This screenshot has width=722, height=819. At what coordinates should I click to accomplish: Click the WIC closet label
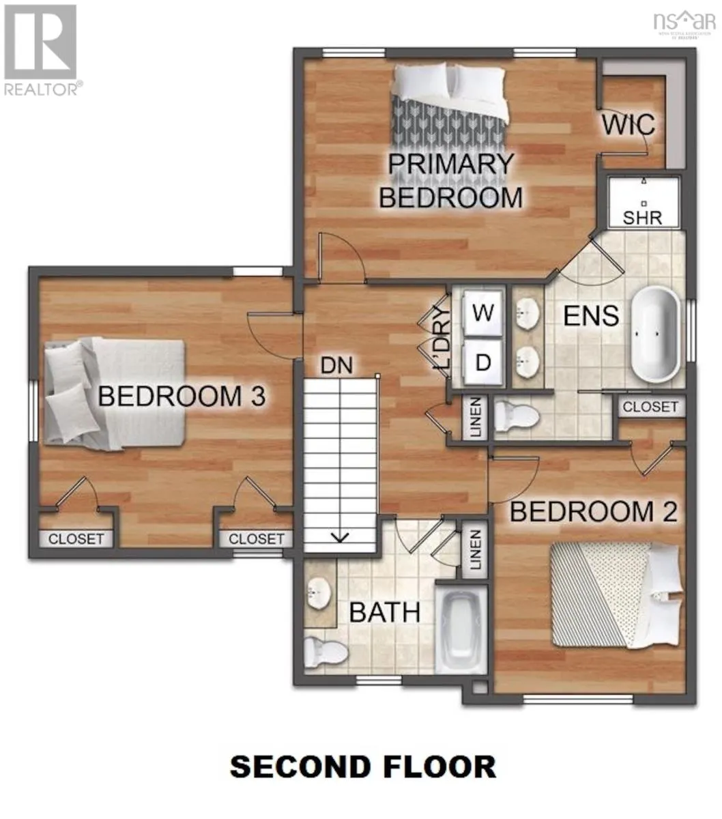point(629,125)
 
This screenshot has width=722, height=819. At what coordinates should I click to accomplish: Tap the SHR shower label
point(643,219)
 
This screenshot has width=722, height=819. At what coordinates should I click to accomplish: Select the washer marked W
point(483,313)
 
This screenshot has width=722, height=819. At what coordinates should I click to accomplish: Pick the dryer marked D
point(483,362)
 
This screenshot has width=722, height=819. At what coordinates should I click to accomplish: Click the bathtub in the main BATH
point(461,631)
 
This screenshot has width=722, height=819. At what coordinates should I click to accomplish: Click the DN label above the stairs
point(337,365)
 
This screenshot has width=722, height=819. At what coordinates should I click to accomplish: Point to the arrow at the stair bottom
point(339,536)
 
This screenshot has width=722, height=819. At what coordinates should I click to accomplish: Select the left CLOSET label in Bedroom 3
point(76,538)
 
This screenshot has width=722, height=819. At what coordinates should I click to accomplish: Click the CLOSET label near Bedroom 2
point(650,407)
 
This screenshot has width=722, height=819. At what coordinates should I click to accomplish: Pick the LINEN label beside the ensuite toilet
point(476,417)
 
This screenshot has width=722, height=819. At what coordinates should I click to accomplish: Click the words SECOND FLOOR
point(362,766)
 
